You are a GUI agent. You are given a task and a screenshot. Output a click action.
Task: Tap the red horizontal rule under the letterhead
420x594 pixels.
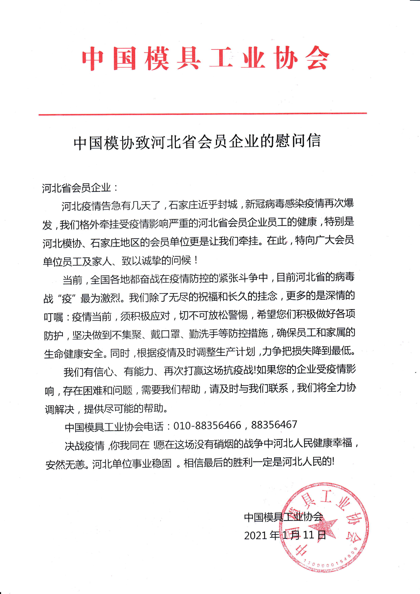tap(203, 114)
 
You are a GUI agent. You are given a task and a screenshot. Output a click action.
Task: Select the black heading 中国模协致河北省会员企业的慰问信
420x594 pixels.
tap(197, 142)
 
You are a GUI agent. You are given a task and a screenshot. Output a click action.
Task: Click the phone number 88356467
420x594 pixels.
tap(274, 425)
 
